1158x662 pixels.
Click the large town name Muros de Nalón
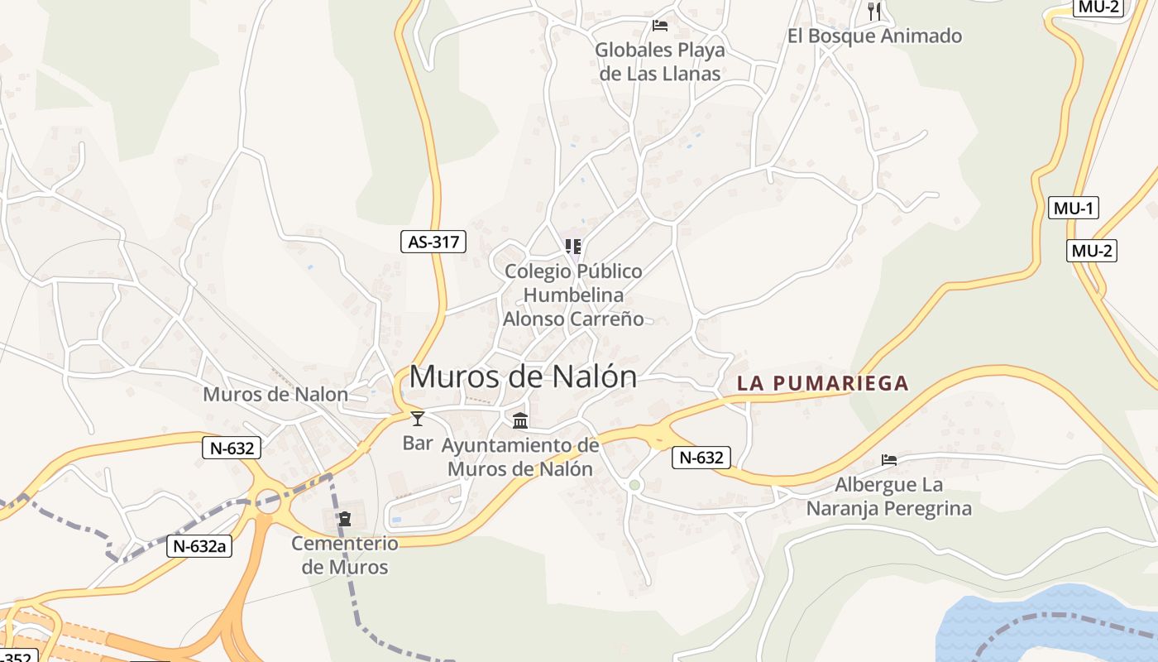click(x=523, y=377)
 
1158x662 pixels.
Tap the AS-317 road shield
click(x=433, y=242)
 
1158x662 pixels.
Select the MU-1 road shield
click(x=1073, y=208)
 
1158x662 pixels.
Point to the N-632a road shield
click(x=199, y=546)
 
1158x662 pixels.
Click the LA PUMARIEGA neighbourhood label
click(x=822, y=383)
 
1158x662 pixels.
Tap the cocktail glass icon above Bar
click(x=418, y=419)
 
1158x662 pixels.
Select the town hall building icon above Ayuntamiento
click(x=520, y=420)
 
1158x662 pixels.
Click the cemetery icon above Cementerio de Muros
click(x=345, y=519)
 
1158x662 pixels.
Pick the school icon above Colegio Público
click(x=572, y=246)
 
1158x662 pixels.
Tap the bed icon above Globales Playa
click(x=659, y=26)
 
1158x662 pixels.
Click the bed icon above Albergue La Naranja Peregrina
click(x=889, y=459)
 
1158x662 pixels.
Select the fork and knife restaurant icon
click(x=874, y=11)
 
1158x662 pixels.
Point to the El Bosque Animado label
click(x=874, y=36)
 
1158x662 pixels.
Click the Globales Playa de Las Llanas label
click(x=659, y=61)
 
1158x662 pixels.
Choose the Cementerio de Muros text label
click(x=345, y=555)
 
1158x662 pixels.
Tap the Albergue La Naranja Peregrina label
click(x=889, y=496)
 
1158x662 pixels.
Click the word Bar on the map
click(x=418, y=443)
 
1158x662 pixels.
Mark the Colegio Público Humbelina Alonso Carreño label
click(x=573, y=295)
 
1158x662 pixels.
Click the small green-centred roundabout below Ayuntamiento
click(x=634, y=485)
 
